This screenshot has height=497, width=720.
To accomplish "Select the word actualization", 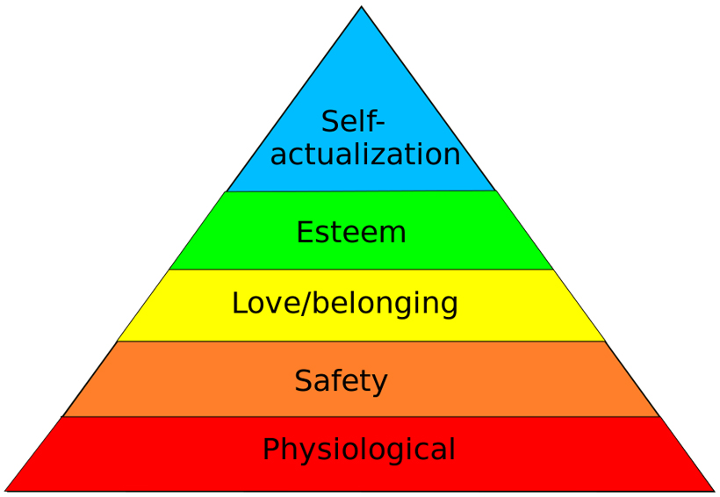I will coord(365,155).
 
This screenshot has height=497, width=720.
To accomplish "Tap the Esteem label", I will coord(351,233).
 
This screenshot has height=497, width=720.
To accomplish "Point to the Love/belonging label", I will coord(344,304).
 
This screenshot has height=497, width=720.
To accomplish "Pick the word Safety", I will coord(341,381).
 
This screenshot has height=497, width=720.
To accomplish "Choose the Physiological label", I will coord(359,450).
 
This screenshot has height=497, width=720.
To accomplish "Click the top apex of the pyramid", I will coord(361,7).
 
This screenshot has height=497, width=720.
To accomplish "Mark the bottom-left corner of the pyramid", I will coord(5,490).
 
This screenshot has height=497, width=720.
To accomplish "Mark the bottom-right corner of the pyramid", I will coord(714,490).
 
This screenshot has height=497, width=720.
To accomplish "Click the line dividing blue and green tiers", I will coord(361,191).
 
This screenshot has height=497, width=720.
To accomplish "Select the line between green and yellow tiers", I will coord(361,270).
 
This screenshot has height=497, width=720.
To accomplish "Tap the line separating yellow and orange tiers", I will coord(361,342).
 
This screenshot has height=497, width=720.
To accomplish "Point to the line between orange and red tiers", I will coord(361,417).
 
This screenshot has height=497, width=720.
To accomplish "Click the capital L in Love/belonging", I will coord(239,304).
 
